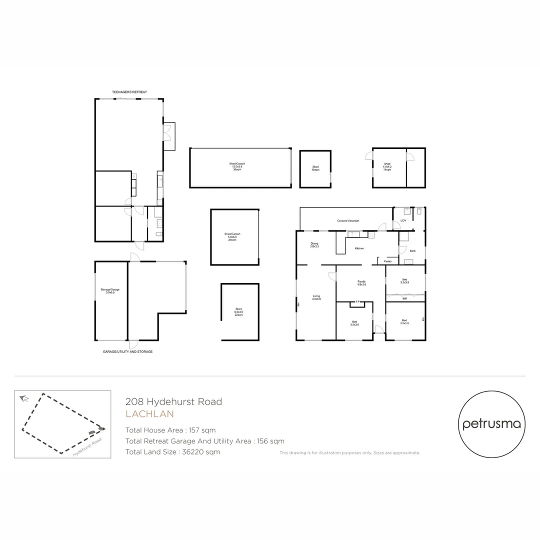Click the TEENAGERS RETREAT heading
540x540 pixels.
(x=129, y=92)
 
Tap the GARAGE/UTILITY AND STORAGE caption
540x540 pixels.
(x=127, y=351)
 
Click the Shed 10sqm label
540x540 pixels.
(x=315, y=168)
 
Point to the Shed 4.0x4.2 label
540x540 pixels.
(x=387, y=166)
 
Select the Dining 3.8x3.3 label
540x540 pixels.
(x=314, y=244)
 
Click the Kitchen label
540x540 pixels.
(x=359, y=248)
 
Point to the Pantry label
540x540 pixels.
(x=387, y=261)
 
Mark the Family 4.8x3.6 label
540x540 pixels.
(x=361, y=283)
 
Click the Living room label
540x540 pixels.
(x=316, y=297)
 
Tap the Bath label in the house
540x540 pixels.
(x=412, y=250)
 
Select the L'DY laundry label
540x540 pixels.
(x=403, y=220)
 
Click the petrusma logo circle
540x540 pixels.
(x=491, y=424)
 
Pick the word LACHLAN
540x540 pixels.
(x=149, y=414)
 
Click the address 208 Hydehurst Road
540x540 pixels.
(x=173, y=401)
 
